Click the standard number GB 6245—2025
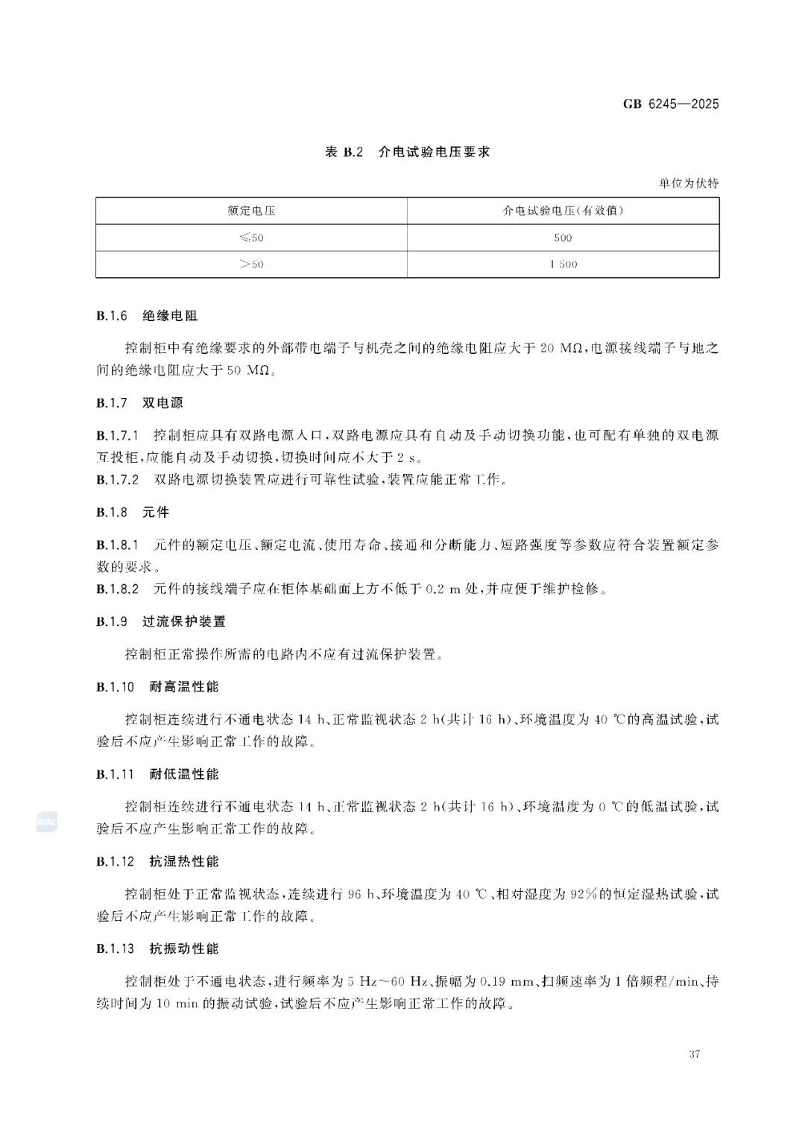pos(671,104)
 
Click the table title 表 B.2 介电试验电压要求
pos(408,152)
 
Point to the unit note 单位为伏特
pos(689,183)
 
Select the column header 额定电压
pos(251,211)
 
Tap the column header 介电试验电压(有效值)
pos(563,211)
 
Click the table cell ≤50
pos(251,238)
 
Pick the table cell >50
pos(251,265)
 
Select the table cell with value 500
pos(563,238)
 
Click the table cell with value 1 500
pos(563,265)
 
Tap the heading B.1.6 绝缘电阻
pos(147,316)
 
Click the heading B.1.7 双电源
pos(139,403)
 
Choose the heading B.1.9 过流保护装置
pos(161,621)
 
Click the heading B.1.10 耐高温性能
pos(157,687)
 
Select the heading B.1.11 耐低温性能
pos(157,774)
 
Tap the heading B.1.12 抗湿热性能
pos(157,861)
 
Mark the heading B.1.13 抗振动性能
pos(157,948)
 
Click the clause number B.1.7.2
pos(118,480)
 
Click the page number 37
pos(695,1054)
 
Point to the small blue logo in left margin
pos(47,822)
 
